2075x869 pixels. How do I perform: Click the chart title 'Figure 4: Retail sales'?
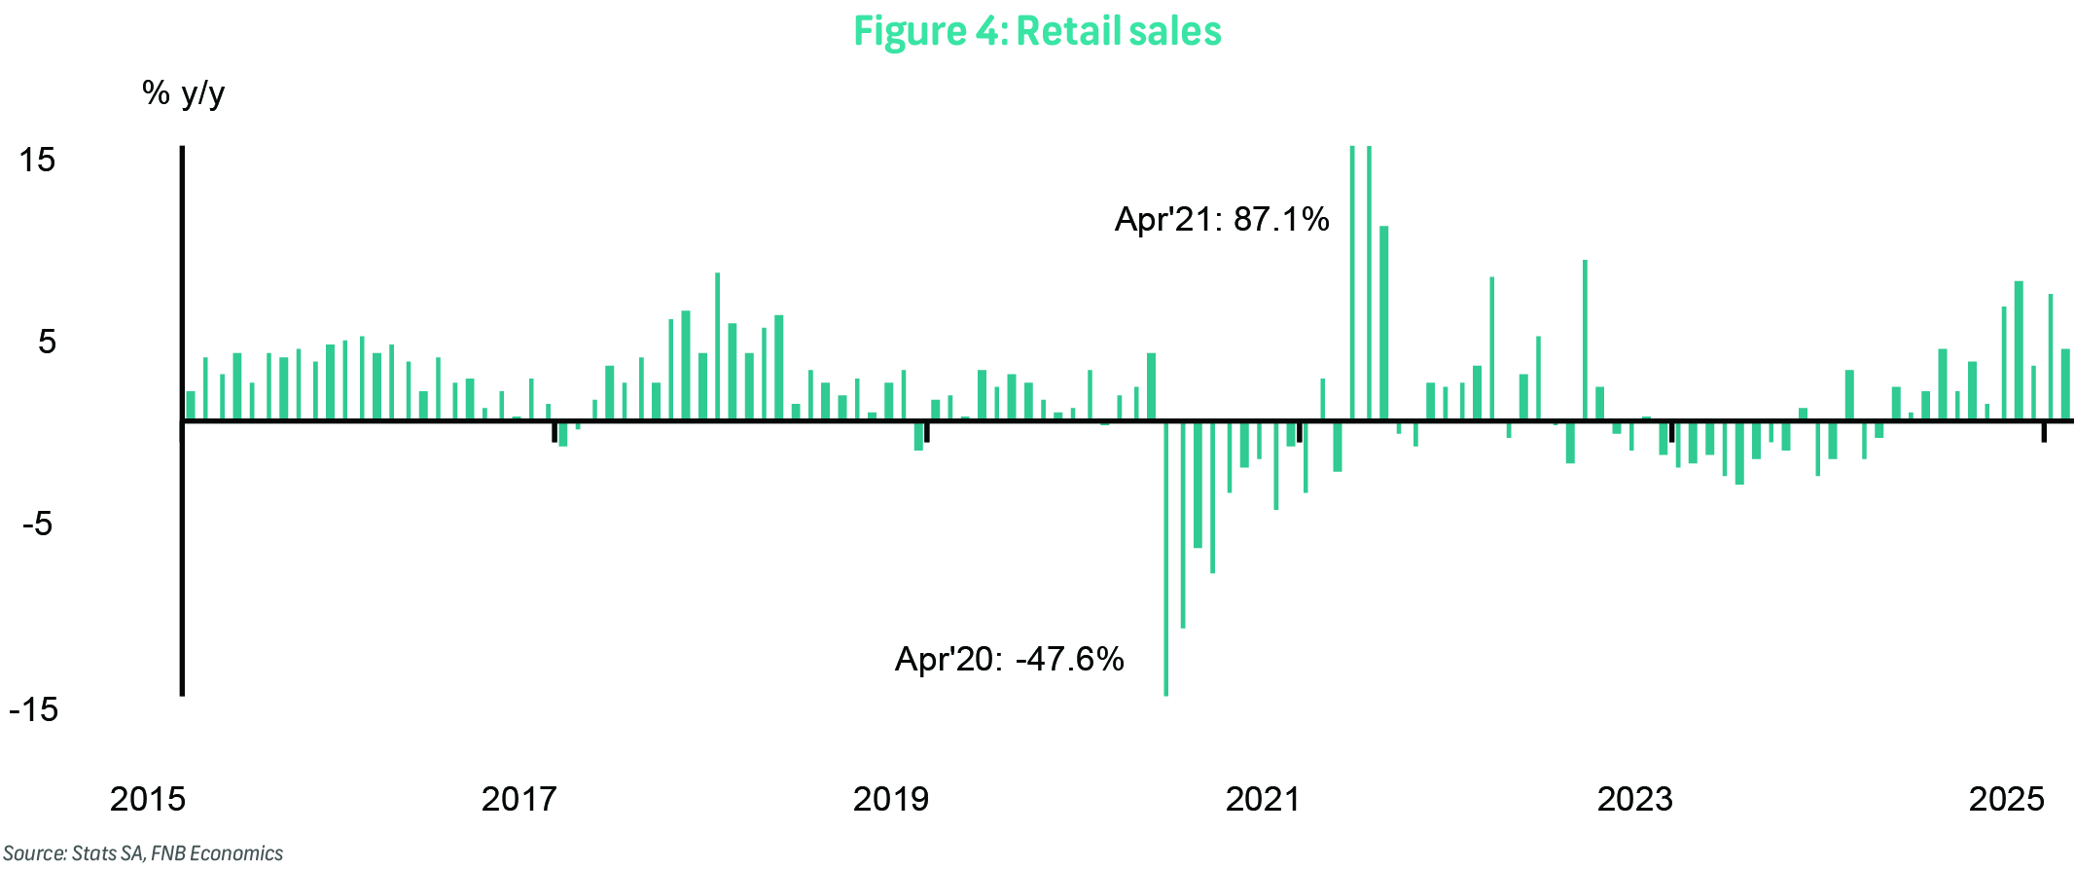[x=1037, y=31]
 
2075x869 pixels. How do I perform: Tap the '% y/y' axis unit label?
[x=183, y=93]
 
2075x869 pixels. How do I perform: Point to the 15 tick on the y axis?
[x=38, y=160]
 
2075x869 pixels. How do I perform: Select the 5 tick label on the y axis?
[x=47, y=342]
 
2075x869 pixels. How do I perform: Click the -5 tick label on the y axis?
[x=38, y=525]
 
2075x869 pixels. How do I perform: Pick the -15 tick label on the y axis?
[x=34, y=709]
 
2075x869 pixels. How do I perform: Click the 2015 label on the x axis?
[x=148, y=799]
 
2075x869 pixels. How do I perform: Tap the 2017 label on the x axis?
[x=519, y=799]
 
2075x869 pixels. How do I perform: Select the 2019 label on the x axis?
[x=891, y=799]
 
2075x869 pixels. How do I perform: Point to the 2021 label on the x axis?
[x=1263, y=799]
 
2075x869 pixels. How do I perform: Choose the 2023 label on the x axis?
[x=1635, y=799]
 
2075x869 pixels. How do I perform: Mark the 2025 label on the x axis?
[x=2007, y=799]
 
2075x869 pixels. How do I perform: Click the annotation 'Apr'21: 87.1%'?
[x=1222, y=220]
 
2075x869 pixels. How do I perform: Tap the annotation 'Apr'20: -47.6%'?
[x=1010, y=660]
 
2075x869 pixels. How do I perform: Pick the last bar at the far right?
[x=2065, y=384]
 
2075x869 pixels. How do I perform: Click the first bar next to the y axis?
[x=191, y=406]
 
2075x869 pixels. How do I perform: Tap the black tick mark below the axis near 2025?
[x=2044, y=432]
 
